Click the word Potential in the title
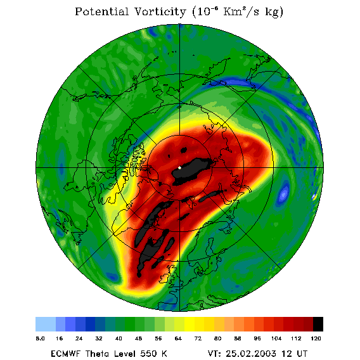tap(101, 11)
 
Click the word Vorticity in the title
tap(160, 11)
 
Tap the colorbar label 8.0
tap(40, 338)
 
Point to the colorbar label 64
tap(178, 338)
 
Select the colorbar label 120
tap(316, 338)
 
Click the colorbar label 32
tap(99, 338)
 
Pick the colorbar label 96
tap(257, 338)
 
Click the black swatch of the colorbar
tap(318, 324)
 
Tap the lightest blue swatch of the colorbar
tap(46, 324)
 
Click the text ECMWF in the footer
tap(65, 354)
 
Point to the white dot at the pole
tap(179, 168)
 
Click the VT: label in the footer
tap(214, 354)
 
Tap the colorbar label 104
tap(276, 338)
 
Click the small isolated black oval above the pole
tap(184, 150)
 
